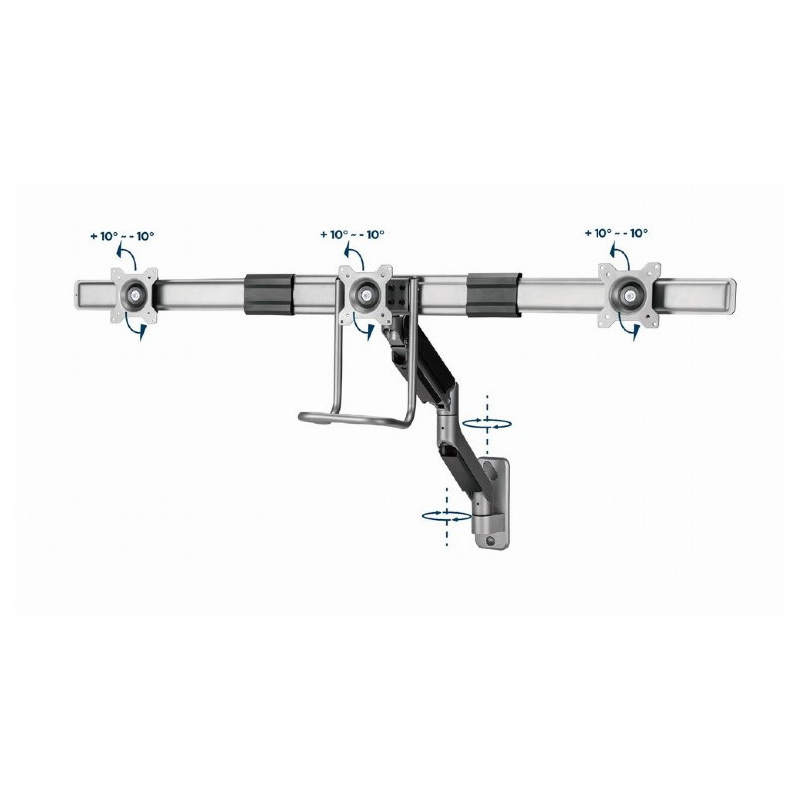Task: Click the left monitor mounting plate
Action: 133,293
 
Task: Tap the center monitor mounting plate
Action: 369,293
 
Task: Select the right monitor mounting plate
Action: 629,293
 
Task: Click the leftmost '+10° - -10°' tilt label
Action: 121,236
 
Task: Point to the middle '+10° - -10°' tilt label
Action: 353,235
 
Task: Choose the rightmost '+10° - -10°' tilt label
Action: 615,233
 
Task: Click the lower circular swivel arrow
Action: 445,516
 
